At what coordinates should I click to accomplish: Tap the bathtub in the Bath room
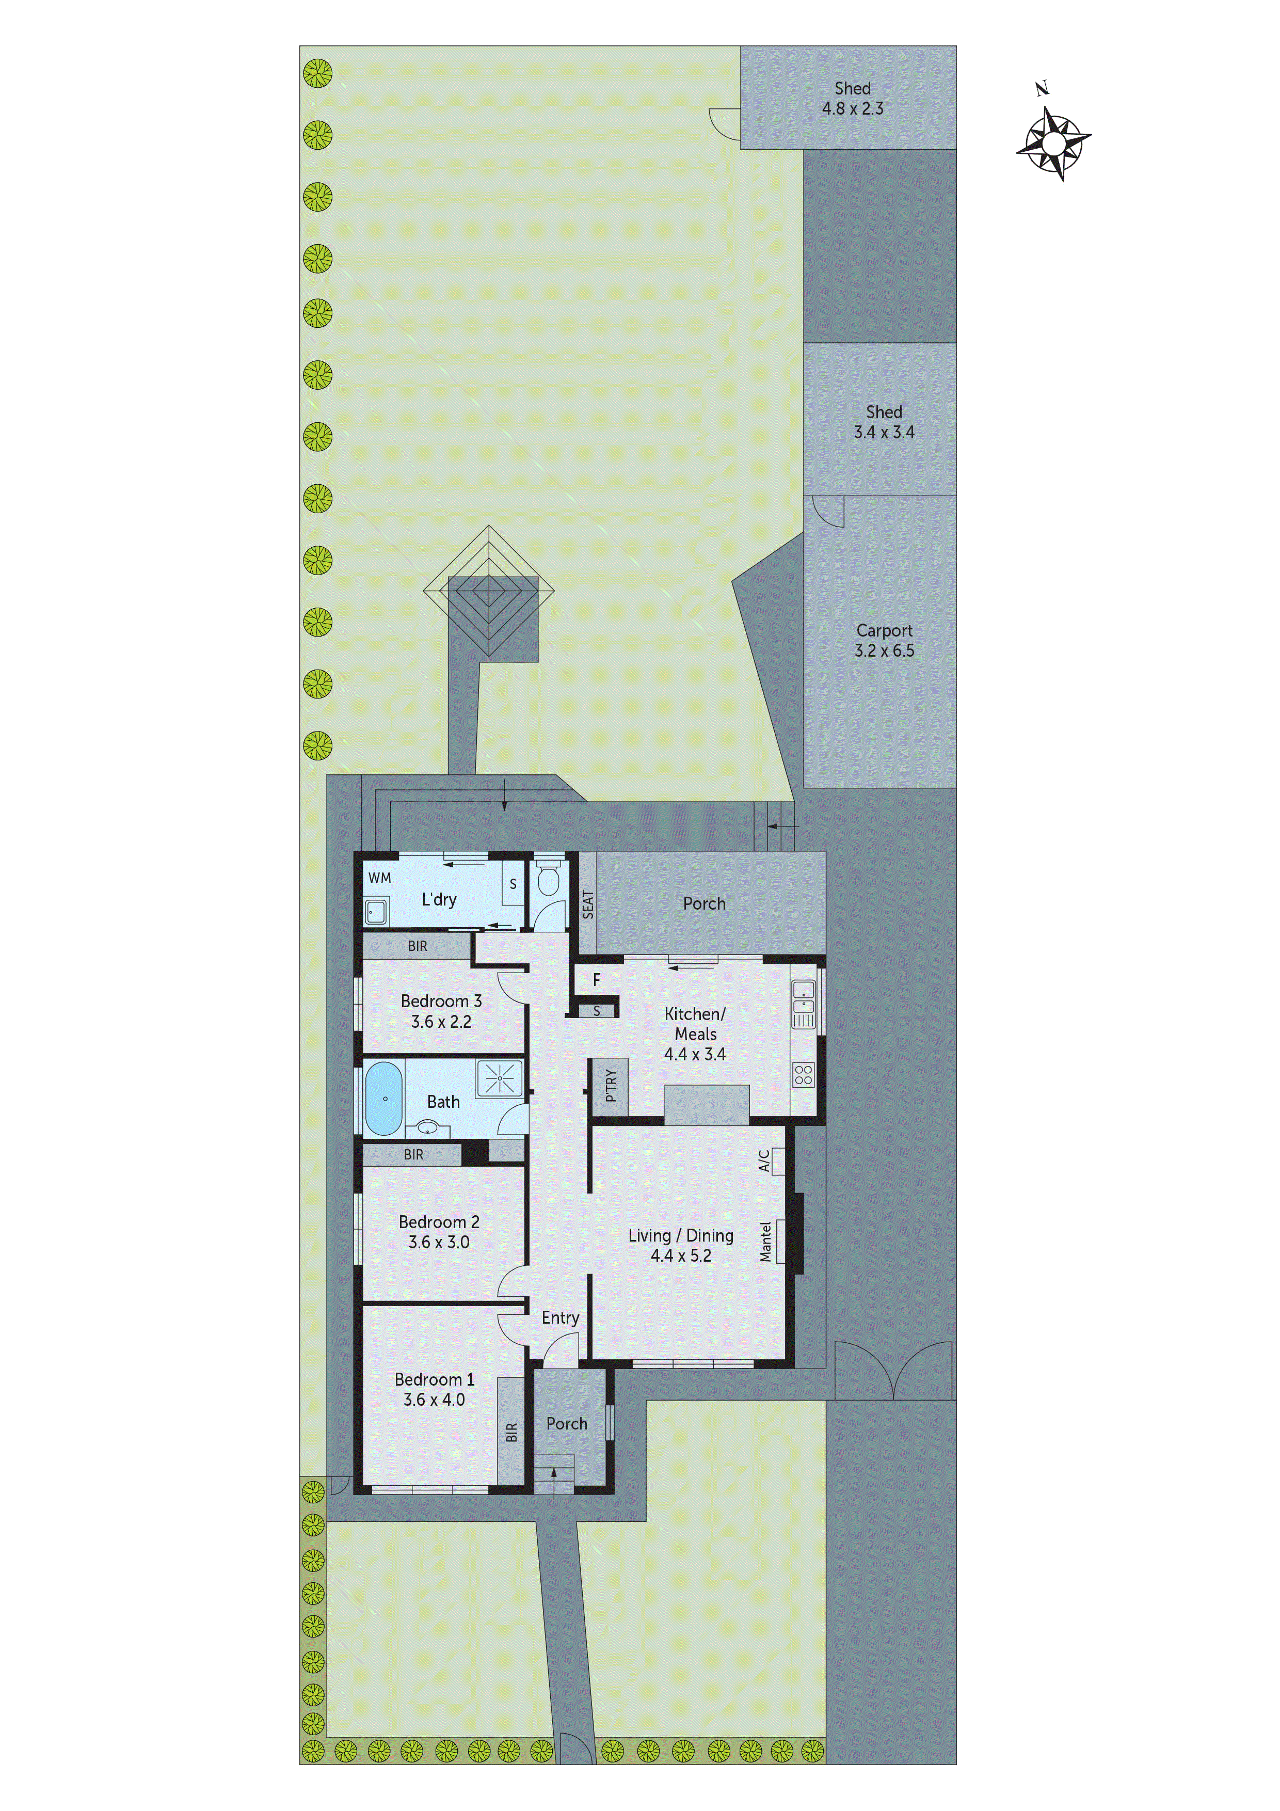384,1098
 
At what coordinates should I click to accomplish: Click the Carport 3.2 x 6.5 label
884,641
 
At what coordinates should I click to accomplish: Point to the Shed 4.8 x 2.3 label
853,99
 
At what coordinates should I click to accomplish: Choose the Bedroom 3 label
441,1001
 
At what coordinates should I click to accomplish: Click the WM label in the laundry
379,878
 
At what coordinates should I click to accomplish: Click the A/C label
764,1161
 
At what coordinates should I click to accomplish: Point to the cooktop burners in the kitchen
803,1074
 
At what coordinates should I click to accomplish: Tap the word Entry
560,1317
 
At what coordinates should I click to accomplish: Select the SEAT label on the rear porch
587,904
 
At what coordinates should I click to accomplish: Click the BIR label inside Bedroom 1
511,1432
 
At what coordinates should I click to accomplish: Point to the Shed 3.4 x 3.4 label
884,422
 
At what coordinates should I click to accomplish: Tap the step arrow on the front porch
554,1481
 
